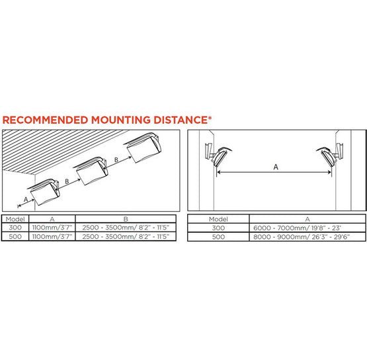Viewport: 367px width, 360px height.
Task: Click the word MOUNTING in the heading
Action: tap(120, 120)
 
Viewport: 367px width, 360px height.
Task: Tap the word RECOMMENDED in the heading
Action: tap(45, 120)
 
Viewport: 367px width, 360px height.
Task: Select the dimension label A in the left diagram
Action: tap(26, 200)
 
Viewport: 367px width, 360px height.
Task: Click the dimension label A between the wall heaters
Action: tap(276, 167)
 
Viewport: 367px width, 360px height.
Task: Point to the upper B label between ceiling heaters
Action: tap(116, 159)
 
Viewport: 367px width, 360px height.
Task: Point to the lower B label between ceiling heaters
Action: tap(67, 181)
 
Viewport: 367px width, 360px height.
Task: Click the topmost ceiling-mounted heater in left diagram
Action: tap(144, 147)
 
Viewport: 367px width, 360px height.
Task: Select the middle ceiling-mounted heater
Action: tap(92, 171)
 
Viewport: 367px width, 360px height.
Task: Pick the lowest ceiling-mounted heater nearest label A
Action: tap(44, 192)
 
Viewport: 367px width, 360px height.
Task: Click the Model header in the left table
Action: tap(15, 219)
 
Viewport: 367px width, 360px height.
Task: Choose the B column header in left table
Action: tap(126, 219)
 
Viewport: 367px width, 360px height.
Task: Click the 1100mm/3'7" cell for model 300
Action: tap(52, 228)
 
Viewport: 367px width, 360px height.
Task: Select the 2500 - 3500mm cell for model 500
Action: tap(126, 236)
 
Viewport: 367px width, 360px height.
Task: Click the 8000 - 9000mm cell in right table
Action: tap(302, 237)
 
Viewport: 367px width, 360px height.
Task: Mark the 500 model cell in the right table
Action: tap(218, 237)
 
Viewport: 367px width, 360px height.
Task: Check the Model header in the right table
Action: tap(218, 219)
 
